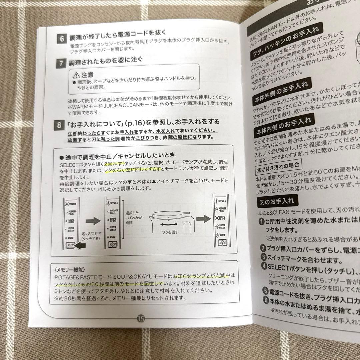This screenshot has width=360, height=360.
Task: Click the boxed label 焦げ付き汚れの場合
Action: (279, 168)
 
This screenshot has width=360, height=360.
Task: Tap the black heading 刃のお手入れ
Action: (277, 201)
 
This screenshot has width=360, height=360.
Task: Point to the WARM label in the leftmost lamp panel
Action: (71, 238)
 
